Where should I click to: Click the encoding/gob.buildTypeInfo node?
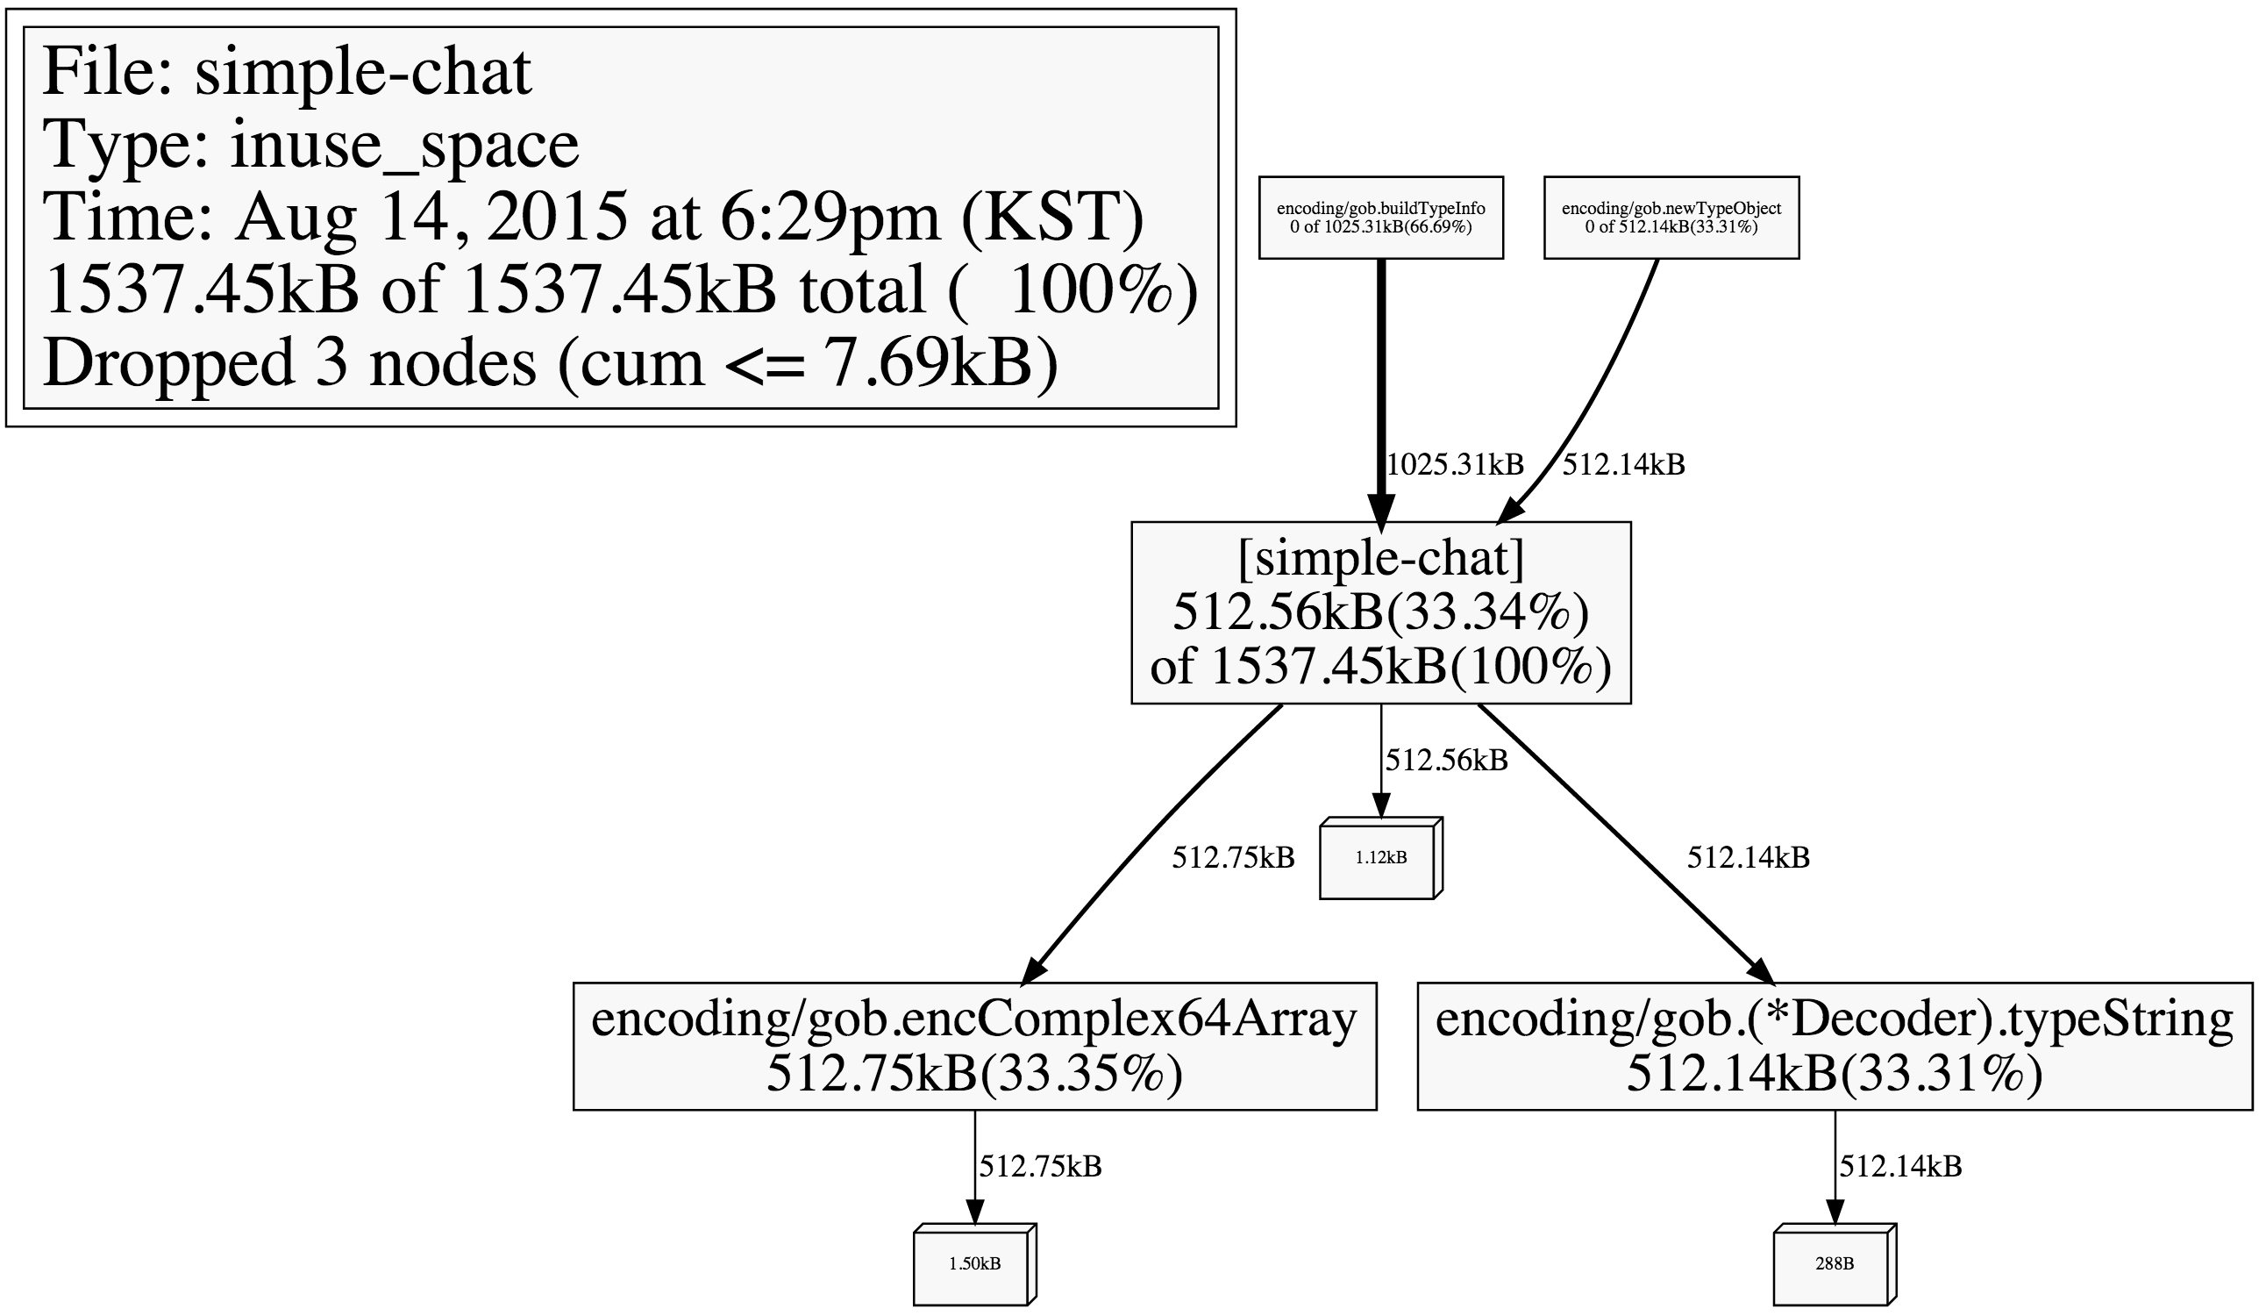[x=1380, y=218]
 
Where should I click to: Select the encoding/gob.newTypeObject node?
[x=1671, y=218]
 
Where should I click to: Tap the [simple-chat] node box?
[x=1380, y=612]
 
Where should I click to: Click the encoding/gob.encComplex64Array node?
[x=975, y=1046]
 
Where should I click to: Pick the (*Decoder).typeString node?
[x=1835, y=1046]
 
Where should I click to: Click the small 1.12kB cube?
[x=1381, y=857]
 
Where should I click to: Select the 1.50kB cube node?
[x=975, y=1264]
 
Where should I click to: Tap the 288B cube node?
[x=1835, y=1264]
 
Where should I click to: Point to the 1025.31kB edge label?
[x=1456, y=464]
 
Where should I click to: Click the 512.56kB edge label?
[x=1447, y=760]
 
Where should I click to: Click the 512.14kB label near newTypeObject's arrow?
[x=1624, y=464]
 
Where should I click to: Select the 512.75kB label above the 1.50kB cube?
[x=1040, y=1166]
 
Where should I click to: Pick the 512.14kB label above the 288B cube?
[x=1901, y=1166]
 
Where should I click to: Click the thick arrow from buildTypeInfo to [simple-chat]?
[x=1381, y=390]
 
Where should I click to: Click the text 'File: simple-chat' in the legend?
[x=288, y=72]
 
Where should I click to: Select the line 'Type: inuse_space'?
[x=311, y=145]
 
